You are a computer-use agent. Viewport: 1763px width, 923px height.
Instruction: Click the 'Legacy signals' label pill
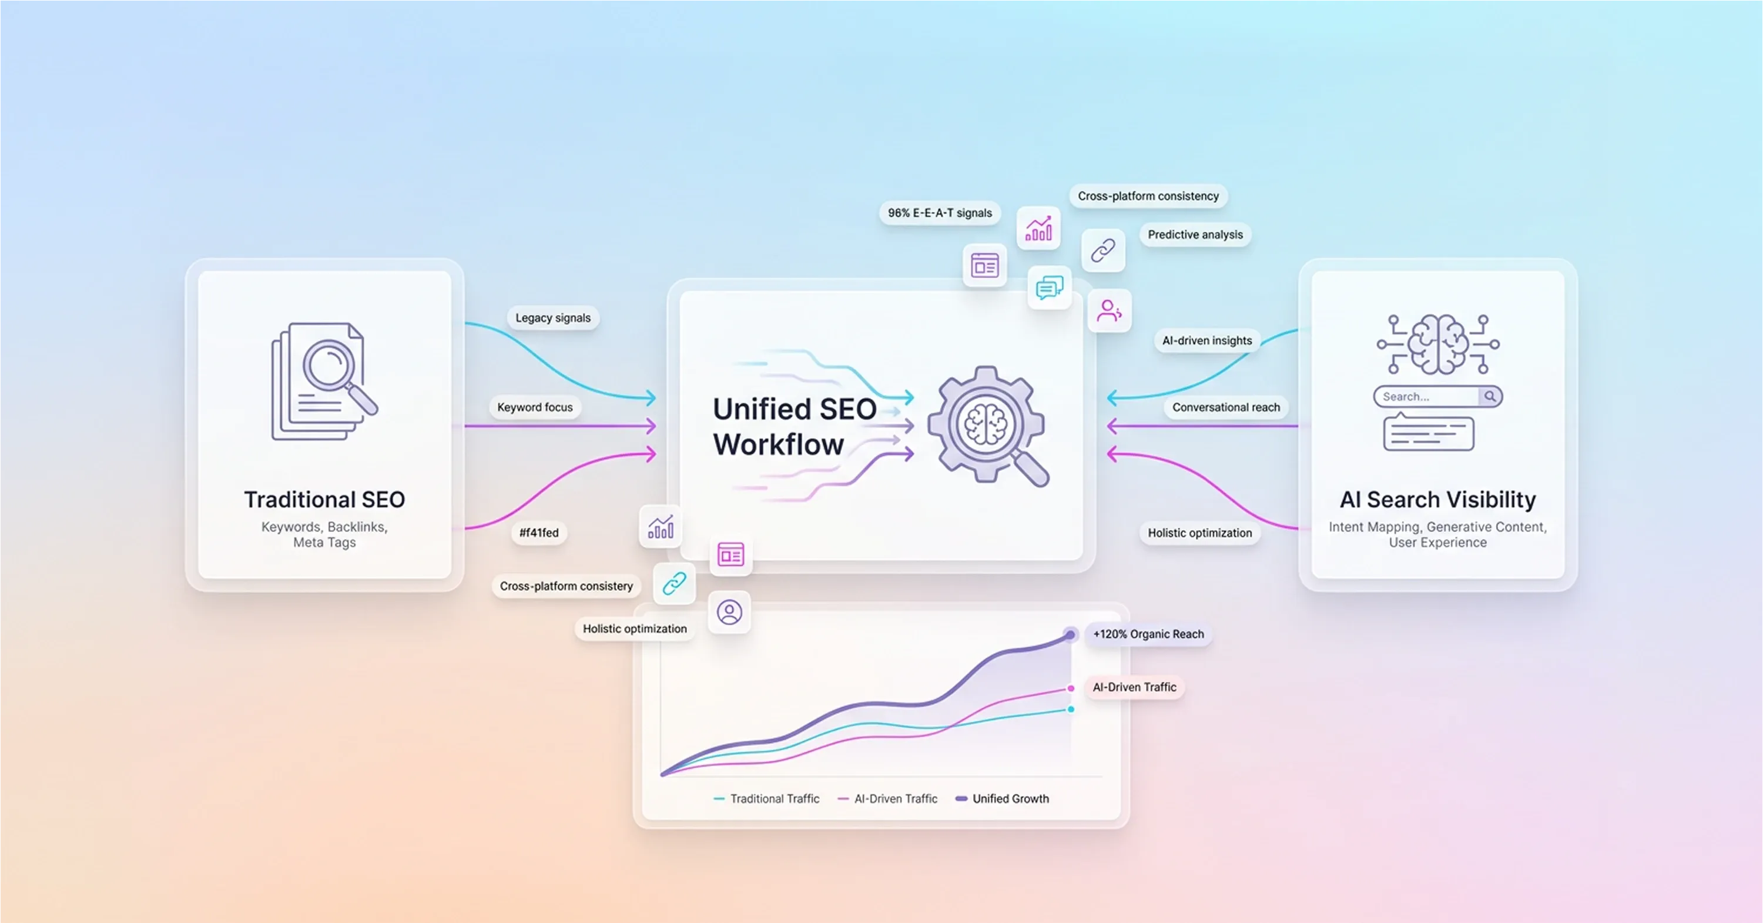pos(552,317)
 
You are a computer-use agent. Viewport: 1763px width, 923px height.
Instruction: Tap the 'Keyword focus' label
pos(535,407)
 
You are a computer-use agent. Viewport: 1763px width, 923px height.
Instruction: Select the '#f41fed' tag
pos(539,532)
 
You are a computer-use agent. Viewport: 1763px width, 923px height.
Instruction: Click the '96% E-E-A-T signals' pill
pos(939,213)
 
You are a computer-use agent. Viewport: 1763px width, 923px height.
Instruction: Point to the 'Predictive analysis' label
pos(1194,234)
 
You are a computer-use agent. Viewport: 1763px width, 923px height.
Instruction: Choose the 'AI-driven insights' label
pos(1206,340)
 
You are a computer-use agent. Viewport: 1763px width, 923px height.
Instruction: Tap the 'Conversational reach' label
pos(1225,407)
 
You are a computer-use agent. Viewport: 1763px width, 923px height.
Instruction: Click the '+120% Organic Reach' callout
pos(1148,634)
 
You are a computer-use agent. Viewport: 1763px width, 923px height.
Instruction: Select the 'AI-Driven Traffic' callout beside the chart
pos(1134,687)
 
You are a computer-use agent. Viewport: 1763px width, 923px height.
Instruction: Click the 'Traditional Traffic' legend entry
pos(773,798)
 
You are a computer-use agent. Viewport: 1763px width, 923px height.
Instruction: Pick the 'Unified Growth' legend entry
pos(1010,798)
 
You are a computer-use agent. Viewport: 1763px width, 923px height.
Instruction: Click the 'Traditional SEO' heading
pos(324,499)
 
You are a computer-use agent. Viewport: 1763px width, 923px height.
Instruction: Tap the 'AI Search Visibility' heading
pos(1437,499)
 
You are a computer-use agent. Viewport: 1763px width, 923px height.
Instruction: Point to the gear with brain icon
pos(986,425)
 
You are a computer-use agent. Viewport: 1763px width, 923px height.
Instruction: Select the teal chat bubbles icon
pos(1049,287)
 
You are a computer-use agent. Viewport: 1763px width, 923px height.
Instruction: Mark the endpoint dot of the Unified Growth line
pos(1070,635)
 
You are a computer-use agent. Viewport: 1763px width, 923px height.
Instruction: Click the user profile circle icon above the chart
pos(729,612)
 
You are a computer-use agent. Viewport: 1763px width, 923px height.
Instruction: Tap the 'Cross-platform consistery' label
pos(566,586)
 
